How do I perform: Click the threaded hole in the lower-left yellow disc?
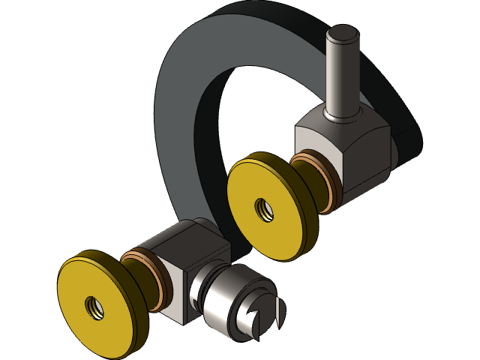[x=93, y=307]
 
